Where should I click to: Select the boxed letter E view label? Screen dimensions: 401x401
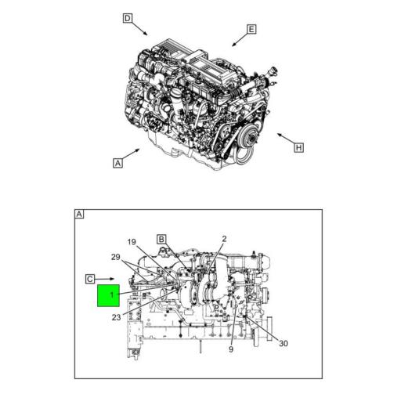251,30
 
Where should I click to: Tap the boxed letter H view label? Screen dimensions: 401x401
299,146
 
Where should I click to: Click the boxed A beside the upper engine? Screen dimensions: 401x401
117,163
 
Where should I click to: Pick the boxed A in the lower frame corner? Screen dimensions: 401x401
79,215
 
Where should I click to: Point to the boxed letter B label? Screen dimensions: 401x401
161,239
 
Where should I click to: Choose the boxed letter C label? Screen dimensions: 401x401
90,278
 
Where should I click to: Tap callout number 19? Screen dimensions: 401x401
132,241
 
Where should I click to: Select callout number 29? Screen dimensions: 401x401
116,257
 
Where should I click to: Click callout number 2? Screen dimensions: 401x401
224,239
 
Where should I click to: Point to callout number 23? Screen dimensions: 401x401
116,317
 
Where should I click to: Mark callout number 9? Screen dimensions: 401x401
231,349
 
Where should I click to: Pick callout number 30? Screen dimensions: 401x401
283,342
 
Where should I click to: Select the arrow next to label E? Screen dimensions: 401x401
237,38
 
